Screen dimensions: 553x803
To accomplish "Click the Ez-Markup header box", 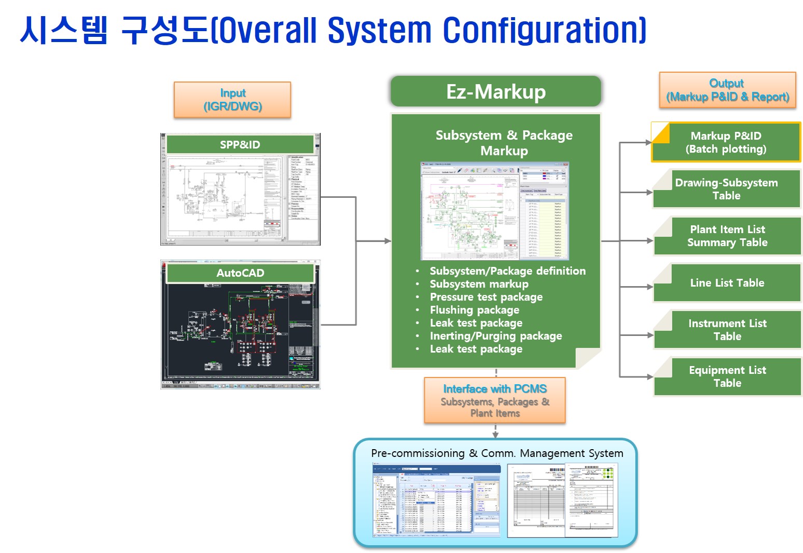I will (495, 92).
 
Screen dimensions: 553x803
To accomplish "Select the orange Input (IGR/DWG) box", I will (232, 100).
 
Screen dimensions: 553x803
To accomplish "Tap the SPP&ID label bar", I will (240, 144).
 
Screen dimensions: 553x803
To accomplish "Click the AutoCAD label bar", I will (240, 273).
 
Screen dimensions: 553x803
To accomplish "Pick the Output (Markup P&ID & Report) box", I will (727, 90).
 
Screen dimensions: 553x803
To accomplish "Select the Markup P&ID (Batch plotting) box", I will (726, 142).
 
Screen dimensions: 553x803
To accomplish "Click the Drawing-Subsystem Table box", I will (726, 189).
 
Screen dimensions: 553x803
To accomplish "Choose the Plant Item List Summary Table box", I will (727, 236).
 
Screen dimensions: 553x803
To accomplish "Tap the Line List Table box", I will (727, 283).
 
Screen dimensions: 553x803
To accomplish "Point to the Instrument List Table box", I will (727, 330).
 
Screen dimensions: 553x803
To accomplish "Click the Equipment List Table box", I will (727, 376).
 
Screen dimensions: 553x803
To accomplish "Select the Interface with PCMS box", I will (495, 400).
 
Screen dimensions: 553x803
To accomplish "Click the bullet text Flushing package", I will (474, 310).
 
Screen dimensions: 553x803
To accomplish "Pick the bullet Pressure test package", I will (486, 297).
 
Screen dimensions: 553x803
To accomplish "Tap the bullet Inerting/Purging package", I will (495, 336).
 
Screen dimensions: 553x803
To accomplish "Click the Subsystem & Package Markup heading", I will (504, 143).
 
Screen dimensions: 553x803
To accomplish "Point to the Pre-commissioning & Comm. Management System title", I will (497, 453).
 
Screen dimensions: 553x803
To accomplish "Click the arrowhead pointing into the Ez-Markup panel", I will (387, 241).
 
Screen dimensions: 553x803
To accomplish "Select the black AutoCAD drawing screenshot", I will (240, 332).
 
